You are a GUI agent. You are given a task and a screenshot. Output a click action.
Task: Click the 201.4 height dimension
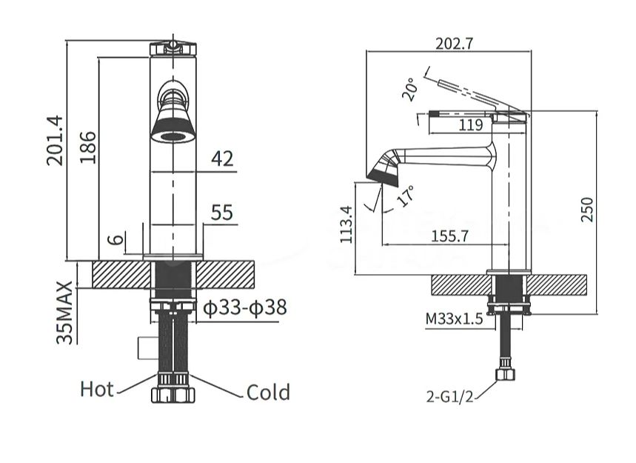55,141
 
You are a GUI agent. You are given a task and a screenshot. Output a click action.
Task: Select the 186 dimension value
87,147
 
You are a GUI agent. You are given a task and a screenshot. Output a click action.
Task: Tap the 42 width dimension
222,159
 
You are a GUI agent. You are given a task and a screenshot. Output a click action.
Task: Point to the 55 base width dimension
222,213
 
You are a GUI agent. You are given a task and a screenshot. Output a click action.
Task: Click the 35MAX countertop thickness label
64,313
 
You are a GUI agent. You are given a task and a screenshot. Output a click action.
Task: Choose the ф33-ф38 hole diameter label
244,308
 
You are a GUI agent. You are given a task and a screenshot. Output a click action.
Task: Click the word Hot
97,389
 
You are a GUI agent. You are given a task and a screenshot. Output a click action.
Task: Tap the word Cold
268,392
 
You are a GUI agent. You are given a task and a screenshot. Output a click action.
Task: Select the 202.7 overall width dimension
455,44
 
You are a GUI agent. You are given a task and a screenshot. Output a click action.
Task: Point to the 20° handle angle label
409,90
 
